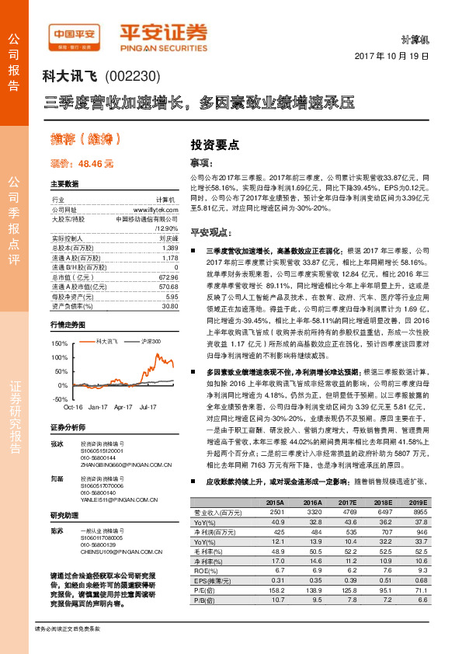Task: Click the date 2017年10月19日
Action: coord(391,57)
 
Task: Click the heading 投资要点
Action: coord(214,144)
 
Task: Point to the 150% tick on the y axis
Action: coord(59,343)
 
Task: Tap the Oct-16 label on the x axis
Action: coord(73,406)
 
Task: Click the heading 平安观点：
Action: coord(207,232)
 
